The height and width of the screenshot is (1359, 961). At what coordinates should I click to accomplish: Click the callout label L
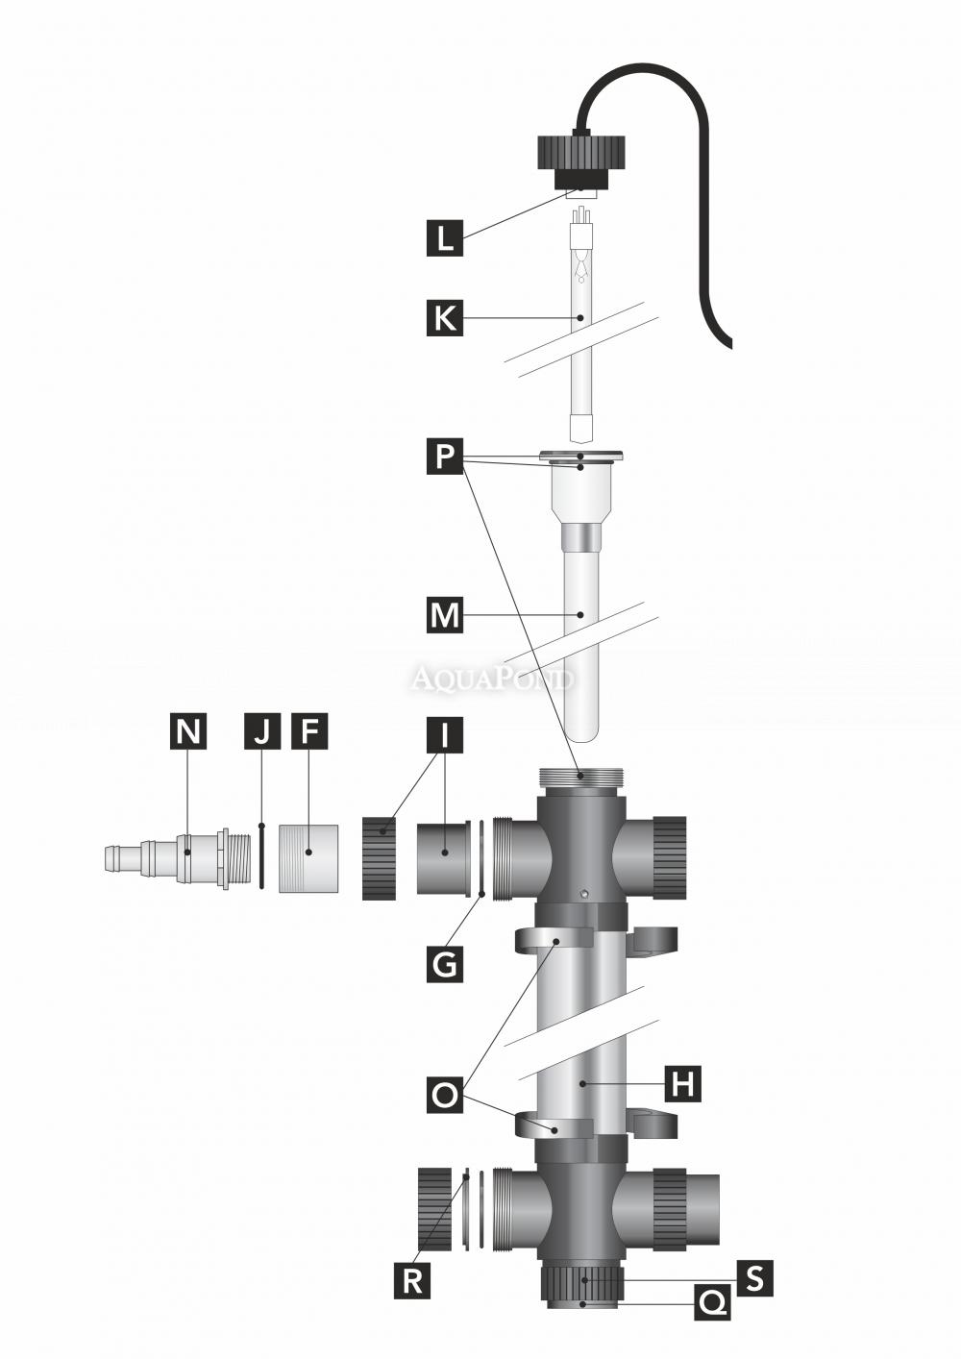444,237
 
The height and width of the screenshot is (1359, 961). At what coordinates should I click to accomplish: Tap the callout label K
444,318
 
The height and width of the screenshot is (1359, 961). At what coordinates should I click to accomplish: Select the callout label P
444,457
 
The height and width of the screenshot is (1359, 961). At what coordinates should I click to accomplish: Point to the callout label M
444,614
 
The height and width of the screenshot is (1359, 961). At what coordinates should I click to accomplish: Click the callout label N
188,731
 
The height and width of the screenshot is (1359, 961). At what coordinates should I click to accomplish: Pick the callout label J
261,731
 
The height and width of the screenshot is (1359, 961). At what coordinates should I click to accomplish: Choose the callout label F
308,731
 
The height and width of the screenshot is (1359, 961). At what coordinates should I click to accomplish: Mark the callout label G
444,962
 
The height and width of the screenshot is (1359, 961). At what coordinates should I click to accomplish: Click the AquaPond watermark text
493,679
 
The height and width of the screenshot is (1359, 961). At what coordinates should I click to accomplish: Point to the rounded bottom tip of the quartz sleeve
579,732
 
